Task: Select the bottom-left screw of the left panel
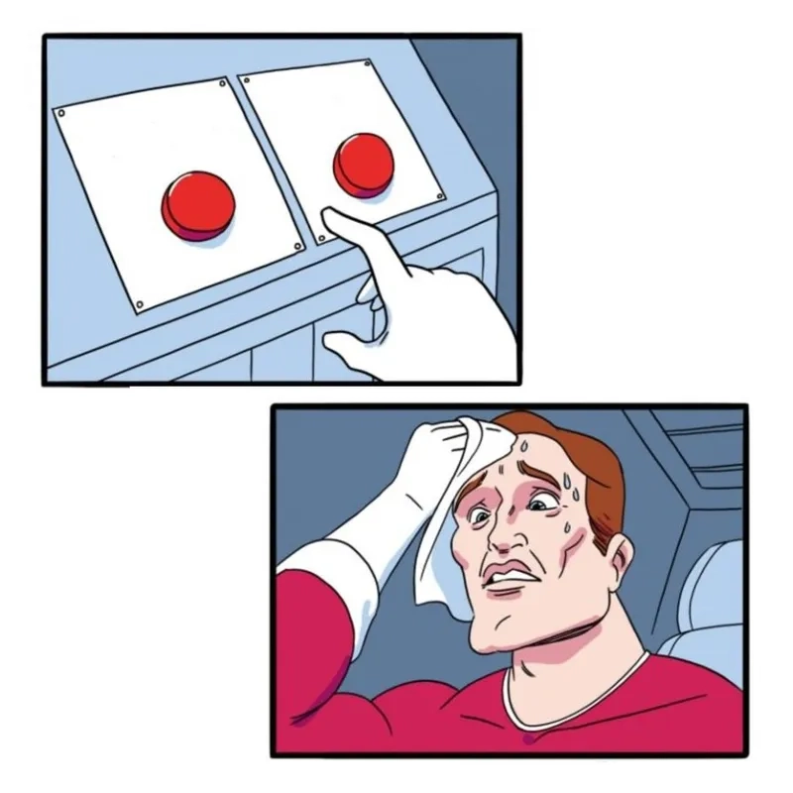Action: point(139,304)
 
